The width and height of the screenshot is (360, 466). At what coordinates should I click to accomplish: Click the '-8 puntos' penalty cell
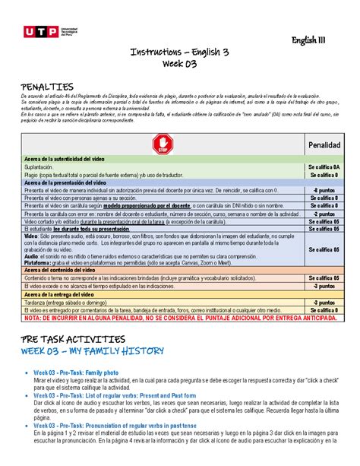click(x=324, y=190)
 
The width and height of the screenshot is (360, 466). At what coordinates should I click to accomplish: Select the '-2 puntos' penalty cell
click(x=324, y=214)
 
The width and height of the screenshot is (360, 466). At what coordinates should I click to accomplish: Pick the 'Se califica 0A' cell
click(x=324, y=166)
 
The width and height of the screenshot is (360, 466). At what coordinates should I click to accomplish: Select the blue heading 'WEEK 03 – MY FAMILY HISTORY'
click(x=93, y=350)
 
